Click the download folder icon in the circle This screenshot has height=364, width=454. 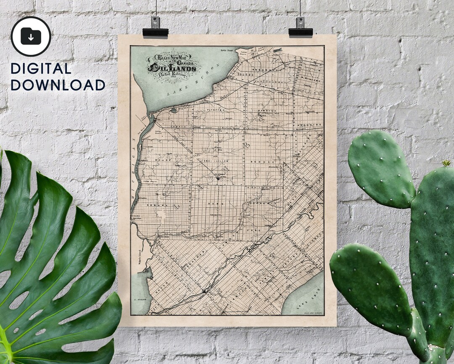pos(31,36)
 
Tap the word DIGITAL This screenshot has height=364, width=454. pos(41,69)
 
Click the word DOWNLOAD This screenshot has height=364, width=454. pos(58,85)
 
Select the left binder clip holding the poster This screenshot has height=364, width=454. pos(156,28)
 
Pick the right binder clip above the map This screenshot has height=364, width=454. pos(301,27)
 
